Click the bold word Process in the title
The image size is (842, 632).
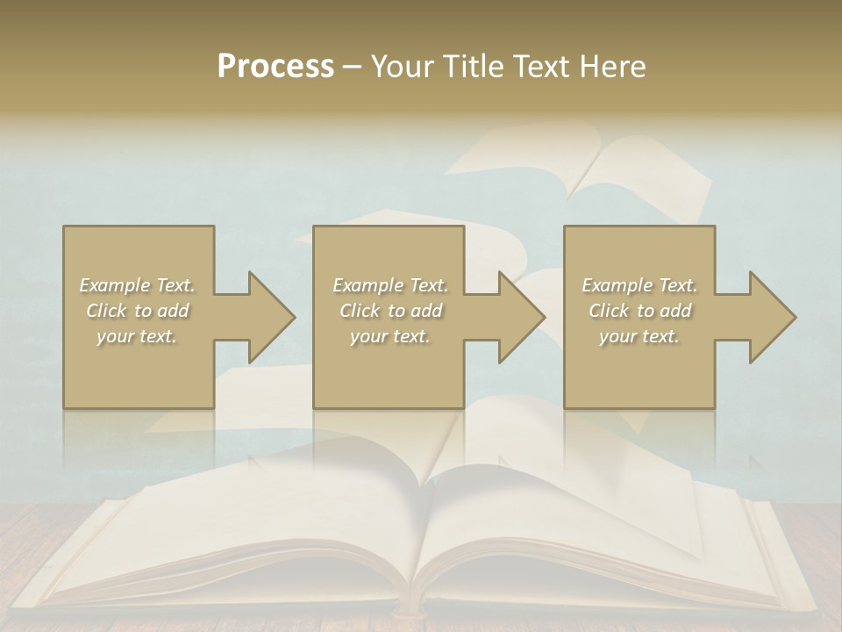click(x=275, y=67)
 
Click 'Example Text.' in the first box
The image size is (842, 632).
click(x=138, y=285)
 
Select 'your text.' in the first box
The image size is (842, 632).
click(x=138, y=336)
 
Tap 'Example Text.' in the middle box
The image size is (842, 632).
click(x=390, y=285)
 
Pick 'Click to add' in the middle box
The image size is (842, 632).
click(x=390, y=311)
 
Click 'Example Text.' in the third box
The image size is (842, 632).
click(x=639, y=285)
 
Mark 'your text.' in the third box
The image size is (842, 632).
click(x=639, y=336)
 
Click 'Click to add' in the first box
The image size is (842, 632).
click(x=138, y=311)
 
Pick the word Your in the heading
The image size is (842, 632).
click(x=402, y=67)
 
